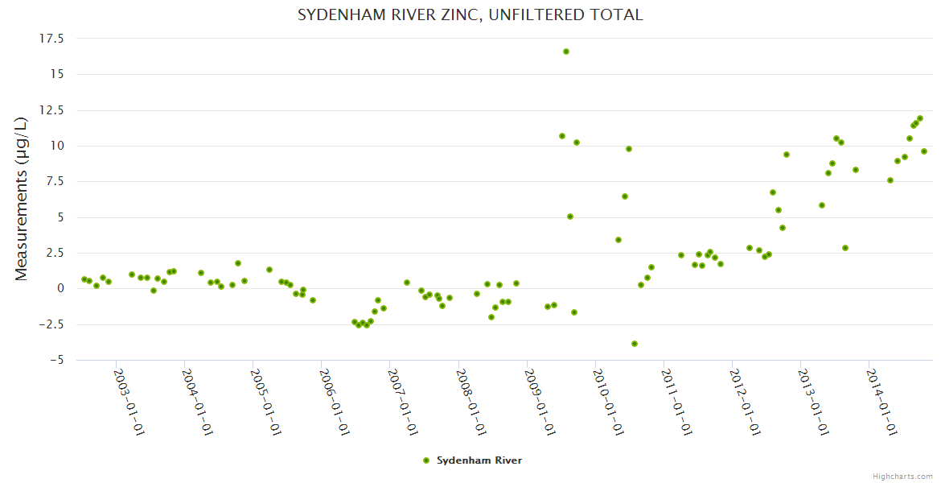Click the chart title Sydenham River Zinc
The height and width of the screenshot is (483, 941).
(470, 14)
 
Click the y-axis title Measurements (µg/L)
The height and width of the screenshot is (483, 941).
(22, 199)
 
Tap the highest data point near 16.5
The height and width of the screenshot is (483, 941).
(566, 52)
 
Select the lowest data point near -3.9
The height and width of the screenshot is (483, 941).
(635, 344)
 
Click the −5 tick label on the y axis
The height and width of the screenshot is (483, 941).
(55, 361)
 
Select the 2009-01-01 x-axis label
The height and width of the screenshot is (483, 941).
(539, 402)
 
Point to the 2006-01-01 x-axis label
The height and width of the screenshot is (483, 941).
(333, 402)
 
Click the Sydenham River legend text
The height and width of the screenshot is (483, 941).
(479, 460)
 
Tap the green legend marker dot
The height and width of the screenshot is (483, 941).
(426, 460)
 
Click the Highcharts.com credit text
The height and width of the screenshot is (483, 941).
(902, 476)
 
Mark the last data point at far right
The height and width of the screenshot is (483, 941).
(924, 151)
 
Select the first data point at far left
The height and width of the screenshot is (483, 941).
(84, 279)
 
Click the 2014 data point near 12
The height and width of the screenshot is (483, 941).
(920, 118)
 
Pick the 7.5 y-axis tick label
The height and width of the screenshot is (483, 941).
(55, 182)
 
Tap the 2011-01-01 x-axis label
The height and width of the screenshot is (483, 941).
(676, 402)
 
